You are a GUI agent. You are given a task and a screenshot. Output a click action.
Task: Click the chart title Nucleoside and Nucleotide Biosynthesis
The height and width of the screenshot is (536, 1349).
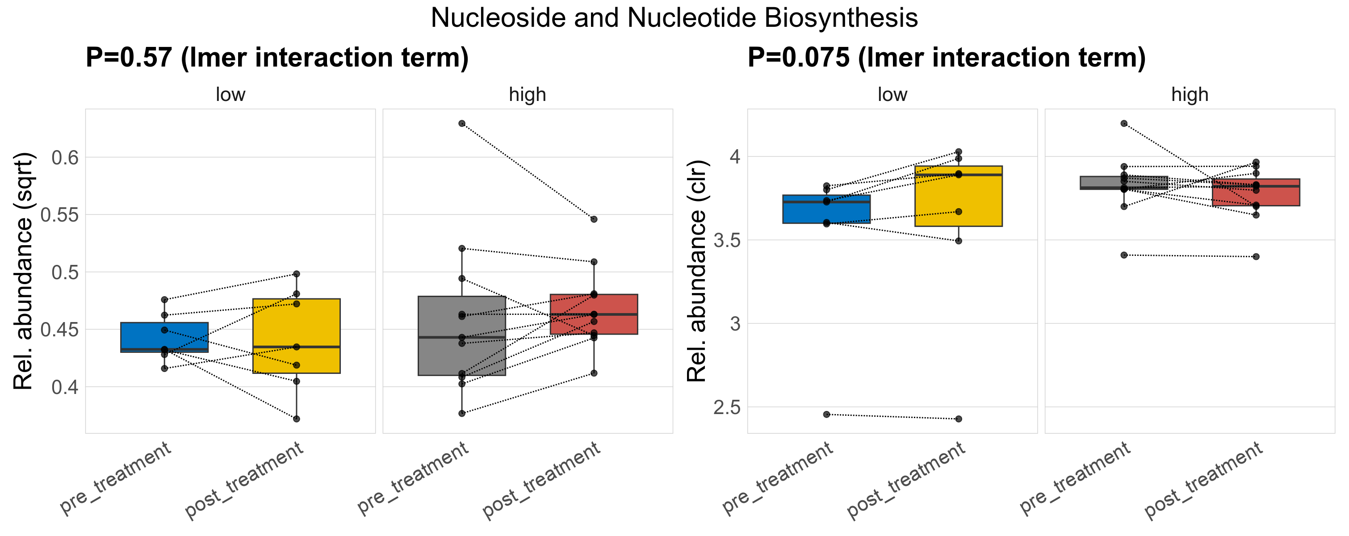(674, 18)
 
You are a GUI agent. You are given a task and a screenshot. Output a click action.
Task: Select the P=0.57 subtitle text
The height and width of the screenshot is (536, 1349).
(277, 58)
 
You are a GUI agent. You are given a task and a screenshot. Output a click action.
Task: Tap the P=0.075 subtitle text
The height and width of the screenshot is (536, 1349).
(946, 58)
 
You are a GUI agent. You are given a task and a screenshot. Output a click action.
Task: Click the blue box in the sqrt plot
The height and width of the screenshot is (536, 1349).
(164, 337)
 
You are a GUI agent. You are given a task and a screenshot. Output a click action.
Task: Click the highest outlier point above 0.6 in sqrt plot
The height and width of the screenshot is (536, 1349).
(462, 124)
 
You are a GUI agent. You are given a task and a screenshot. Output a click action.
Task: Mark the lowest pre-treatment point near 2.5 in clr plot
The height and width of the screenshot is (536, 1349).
(826, 415)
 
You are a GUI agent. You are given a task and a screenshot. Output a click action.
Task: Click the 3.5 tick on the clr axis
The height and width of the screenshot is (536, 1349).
(727, 240)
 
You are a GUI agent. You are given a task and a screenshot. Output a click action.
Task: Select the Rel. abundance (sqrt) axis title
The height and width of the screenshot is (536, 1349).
(23, 271)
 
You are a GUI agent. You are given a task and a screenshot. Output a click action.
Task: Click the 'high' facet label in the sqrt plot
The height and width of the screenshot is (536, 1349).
(528, 95)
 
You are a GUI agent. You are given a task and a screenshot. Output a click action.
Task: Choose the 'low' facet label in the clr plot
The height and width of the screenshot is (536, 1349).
(892, 95)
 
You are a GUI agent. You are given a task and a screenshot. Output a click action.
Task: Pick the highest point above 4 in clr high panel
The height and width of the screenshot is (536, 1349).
(1124, 124)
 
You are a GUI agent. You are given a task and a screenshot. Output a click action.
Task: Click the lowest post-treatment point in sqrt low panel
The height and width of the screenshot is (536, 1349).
(297, 419)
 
